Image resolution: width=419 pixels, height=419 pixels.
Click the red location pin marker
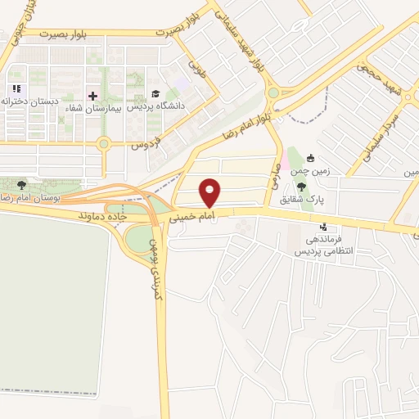click(x=210, y=191)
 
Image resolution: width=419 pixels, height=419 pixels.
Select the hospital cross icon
click(x=92, y=96)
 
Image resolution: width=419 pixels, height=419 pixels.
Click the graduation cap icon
click(x=155, y=93)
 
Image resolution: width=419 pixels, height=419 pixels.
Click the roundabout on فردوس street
click(x=103, y=144)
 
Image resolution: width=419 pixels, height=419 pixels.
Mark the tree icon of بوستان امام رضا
click(x=21, y=184)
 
